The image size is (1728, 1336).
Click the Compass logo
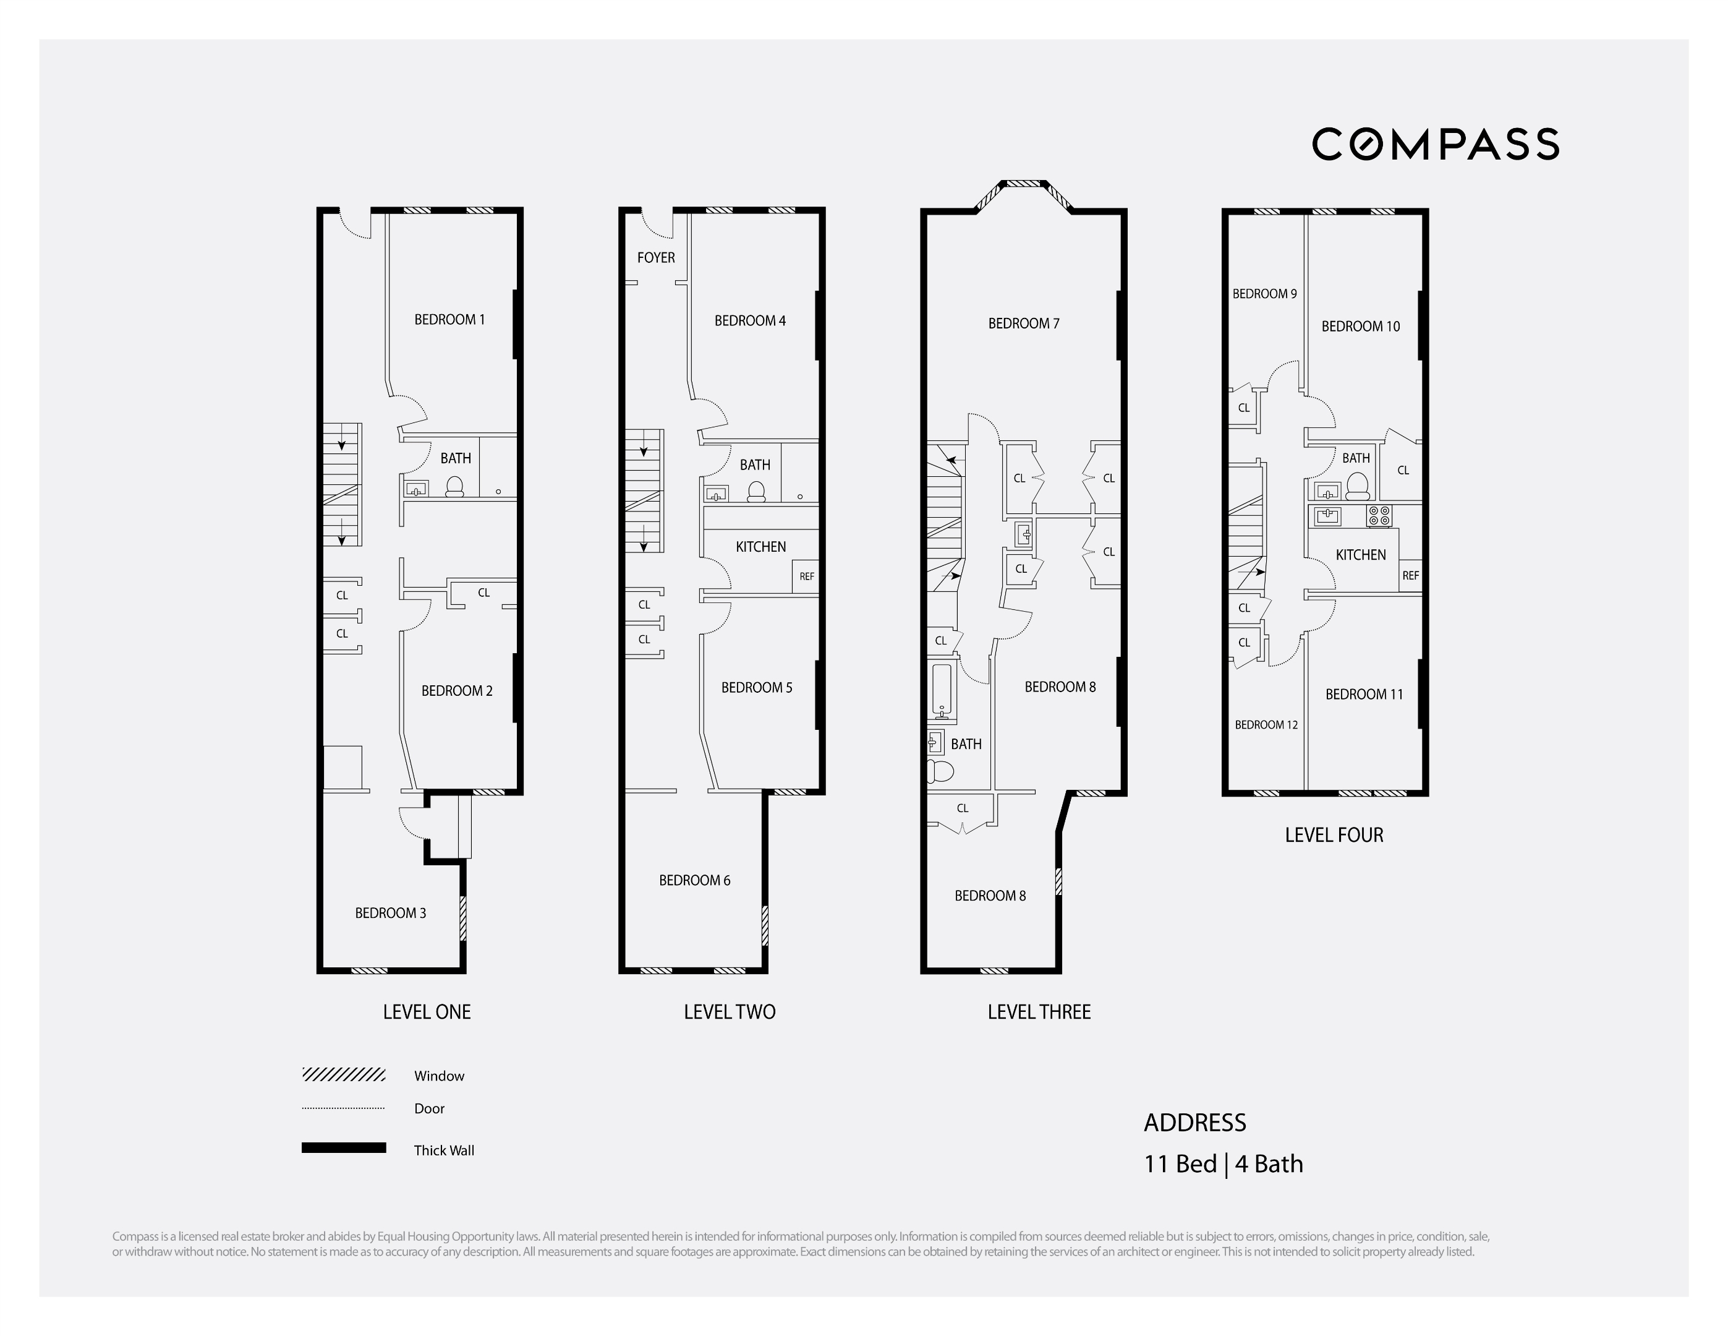point(1435,144)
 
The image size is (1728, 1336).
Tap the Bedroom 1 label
point(449,320)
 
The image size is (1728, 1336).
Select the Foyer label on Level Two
point(656,257)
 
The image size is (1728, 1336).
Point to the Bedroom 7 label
point(1024,323)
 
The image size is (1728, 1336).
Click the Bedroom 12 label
point(1266,725)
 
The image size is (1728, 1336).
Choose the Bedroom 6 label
point(695,880)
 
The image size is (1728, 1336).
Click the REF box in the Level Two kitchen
point(806,576)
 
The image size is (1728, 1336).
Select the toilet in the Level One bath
point(454,487)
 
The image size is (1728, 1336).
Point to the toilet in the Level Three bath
point(941,770)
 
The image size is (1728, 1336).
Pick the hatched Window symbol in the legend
point(343,1075)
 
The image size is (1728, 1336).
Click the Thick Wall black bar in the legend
point(343,1147)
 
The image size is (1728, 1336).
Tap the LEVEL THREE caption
point(1039,1013)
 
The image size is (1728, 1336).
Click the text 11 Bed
point(1180,1164)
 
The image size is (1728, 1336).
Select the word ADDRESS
point(1194,1123)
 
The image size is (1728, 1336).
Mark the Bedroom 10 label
point(1360,326)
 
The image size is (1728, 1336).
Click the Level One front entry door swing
point(356,224)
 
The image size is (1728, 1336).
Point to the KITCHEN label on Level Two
point(760,547)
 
